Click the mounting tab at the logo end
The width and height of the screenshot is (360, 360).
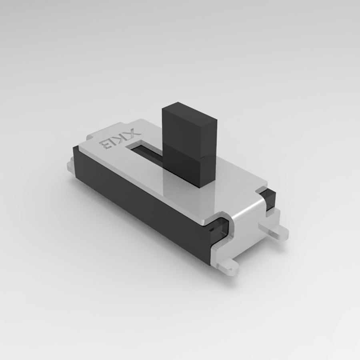point(70,165)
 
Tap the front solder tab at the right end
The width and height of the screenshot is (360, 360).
point(231,266)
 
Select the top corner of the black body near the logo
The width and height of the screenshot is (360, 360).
point(76,149)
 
